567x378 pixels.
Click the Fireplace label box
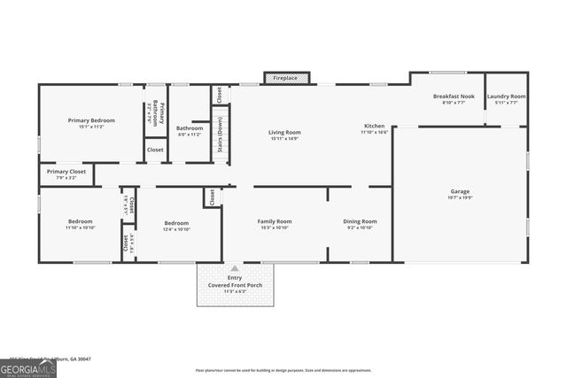[x=285, y=78]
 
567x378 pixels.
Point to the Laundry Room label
[x=507, y=96]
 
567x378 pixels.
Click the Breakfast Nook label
[x=453, y=96]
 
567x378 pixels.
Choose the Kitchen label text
[x=376, y=126]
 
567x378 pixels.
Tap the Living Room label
[x=285, y=132]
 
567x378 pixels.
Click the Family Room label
[x=274, y=221]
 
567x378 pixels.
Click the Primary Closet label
[x=66, y=172]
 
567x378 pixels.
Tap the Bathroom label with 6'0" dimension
[x=190, y=127]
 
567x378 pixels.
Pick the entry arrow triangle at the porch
[x=235, y=267]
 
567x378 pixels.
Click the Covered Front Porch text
[x=235, y=284]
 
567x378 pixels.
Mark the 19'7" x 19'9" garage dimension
[x=460, y=197]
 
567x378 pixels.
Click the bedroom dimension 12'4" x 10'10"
[x=176, y=229]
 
